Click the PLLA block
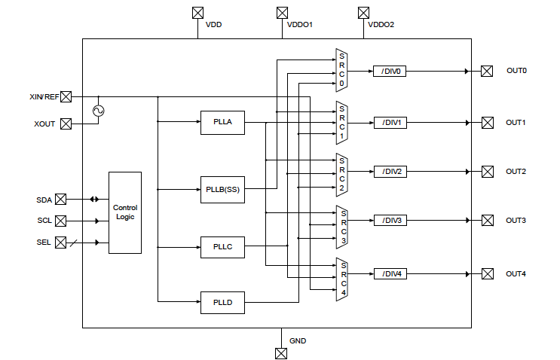(222, 122)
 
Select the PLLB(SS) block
(222, 188)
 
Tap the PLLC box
(222, 246)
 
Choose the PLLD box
(222, 302)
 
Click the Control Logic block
(125, 212)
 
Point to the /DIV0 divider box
(390, 72)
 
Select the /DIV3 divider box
(390, 221)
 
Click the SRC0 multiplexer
(341, 70)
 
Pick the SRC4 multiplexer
(341, 278)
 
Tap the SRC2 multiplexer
(341, 173)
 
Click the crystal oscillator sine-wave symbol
(97, 111)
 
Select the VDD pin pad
(198, 13)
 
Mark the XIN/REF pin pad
(66, 96)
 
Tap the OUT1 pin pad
(487, 122)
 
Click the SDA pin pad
(61, 200)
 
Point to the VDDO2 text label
(381, 25)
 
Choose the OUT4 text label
(516, 273)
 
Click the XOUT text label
(44, 124)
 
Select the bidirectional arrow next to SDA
(94, 200)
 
